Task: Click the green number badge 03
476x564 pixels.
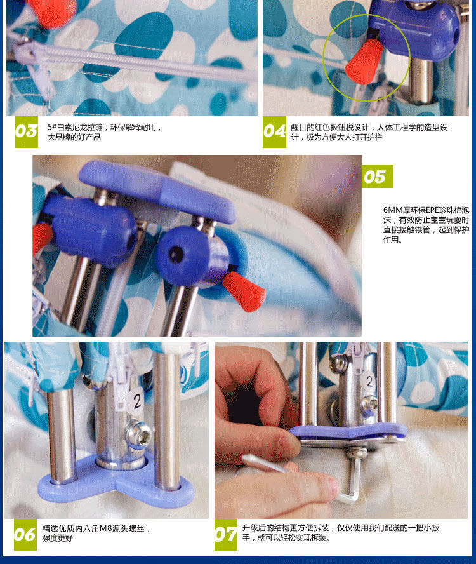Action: [27, 132]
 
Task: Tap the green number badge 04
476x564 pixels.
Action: [275, 132]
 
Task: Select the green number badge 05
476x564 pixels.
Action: [377, 177]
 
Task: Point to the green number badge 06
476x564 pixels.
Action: [25, 535]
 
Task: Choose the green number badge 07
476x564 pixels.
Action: [226, 535]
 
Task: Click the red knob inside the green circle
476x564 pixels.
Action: [364, 62]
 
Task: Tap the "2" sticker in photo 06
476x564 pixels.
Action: [136, 400]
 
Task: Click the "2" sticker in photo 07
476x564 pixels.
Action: [369, 381]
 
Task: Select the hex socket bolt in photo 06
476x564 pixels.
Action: [142, 435]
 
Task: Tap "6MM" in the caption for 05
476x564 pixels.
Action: [393, 210]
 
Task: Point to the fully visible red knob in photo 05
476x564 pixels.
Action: [244, 292]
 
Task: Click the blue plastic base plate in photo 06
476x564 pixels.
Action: [116, 482]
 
